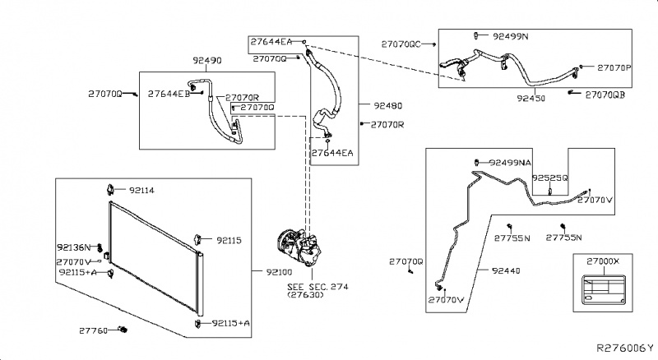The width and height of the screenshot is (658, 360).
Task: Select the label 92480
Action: [387, 106]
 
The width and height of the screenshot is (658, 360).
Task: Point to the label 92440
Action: [508, 269]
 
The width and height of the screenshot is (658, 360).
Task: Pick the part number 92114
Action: [139, 190]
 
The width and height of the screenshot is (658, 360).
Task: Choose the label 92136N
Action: [74, 247]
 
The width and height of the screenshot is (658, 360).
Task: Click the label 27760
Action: [94, 330]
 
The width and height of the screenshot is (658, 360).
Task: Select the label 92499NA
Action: [510, 163]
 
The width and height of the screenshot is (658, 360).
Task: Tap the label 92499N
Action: [510, 37]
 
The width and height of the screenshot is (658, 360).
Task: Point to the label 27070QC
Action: [401, 44]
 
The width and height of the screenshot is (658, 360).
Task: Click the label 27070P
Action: [614, 67]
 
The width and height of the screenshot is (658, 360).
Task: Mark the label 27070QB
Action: [605, 95]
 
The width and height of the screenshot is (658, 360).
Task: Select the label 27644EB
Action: [169, 95]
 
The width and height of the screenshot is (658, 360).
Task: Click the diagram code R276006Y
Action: [624, 349]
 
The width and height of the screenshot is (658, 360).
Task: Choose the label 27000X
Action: [603, 260]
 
